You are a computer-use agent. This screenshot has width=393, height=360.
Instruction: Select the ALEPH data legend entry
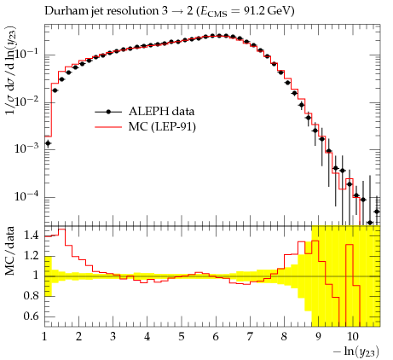(x=145, y=112)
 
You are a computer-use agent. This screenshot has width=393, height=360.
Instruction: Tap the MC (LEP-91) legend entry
(x=145, y=126)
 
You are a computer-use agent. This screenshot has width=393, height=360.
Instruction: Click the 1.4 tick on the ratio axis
(x=31, y=235)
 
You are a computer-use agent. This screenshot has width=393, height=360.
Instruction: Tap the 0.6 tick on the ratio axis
(x=31, y=316)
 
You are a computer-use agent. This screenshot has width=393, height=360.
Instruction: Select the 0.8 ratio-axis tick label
(x=31, y=296)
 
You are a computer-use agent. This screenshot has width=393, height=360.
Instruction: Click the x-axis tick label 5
(x=182, y=337)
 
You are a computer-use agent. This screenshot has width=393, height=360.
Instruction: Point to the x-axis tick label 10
(x=353, y=337)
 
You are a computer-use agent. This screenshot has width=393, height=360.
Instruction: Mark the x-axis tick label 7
(x=250, y=337)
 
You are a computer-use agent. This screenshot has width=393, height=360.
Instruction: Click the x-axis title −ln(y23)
(x=356, y=351)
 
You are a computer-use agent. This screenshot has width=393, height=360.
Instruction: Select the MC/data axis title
(x=9, y=251)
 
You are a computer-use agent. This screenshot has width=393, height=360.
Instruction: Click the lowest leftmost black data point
(x=48, y=143)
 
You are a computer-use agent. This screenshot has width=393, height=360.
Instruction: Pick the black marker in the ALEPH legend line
(x=108, y=112)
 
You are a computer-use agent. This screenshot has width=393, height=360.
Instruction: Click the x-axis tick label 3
(x=113, y=337)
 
